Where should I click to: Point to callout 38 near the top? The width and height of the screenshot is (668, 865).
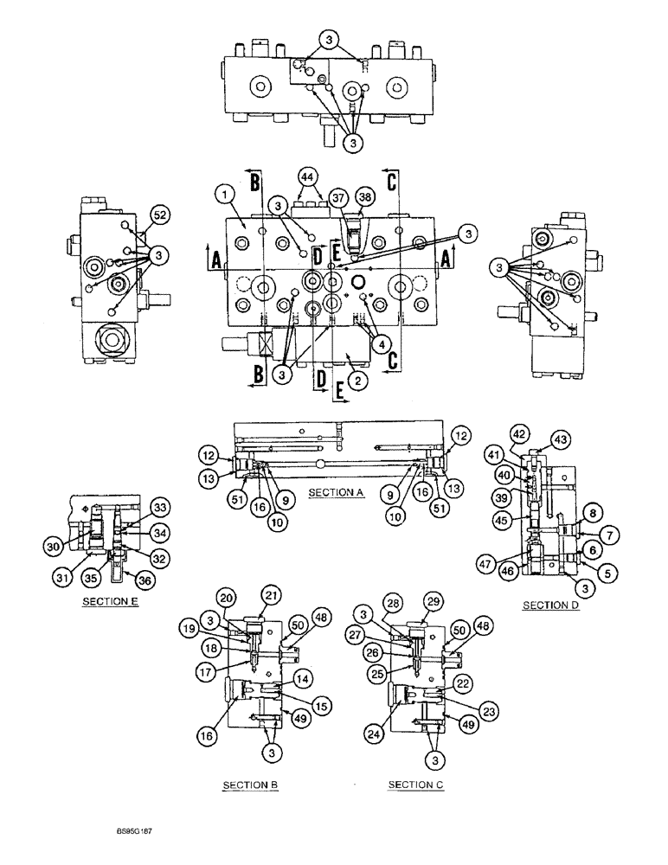coord(364,197)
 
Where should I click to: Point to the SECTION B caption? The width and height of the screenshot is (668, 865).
coord(249,785)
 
